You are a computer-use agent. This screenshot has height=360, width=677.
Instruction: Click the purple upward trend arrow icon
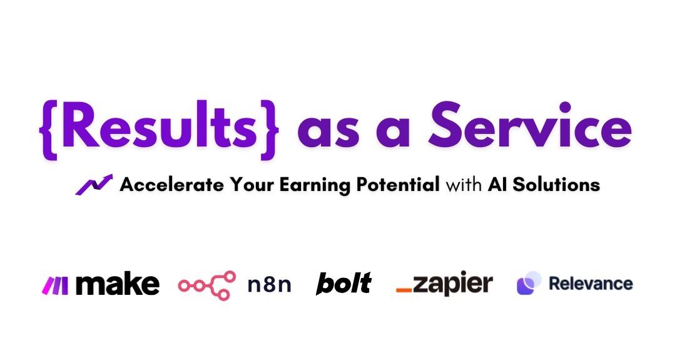pos(94,185)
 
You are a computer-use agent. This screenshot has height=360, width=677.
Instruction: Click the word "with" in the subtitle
pos(464,185)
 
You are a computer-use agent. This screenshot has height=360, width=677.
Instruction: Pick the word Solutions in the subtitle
pos(556,185)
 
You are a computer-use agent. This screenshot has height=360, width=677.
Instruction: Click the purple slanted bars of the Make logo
pos(54,285)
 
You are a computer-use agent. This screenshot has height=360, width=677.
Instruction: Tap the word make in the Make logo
pos(117,284)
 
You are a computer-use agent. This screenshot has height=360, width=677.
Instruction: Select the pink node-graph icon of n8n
pos(207,285)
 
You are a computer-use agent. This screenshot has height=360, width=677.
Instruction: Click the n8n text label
pos(270,285)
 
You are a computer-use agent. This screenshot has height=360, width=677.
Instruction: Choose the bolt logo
pos(344,284)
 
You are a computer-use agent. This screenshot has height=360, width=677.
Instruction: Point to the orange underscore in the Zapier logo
pos(404,290)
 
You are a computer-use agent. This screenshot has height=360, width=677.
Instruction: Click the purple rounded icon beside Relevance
pos(529,283)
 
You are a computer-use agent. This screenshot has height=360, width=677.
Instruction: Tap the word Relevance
pos(591,284)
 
